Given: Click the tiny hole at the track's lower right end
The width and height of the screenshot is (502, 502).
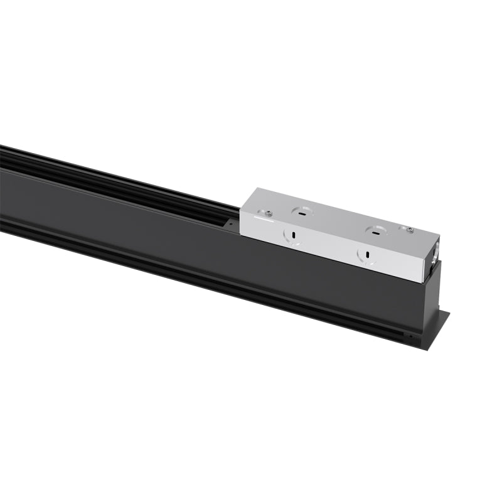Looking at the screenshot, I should [411, 336].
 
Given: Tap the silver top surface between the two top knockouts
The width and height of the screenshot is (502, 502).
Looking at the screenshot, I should [339, 221].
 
